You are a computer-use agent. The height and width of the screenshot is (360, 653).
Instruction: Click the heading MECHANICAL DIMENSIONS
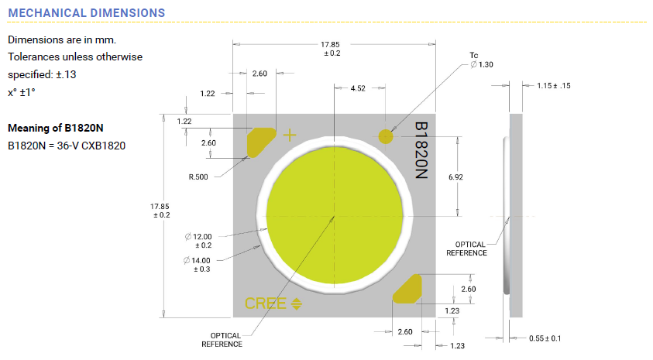point(86,13)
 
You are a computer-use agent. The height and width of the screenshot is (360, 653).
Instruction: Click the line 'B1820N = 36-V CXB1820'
point(67,145)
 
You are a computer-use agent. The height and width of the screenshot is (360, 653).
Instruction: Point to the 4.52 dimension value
point(358,89)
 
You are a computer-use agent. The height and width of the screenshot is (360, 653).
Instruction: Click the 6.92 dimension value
point(457,177)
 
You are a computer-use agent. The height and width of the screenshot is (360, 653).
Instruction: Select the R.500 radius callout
point(199,177)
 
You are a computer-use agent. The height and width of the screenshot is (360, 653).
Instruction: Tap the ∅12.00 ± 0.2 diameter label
point(199,240)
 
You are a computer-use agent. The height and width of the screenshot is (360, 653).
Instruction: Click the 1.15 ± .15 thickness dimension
point(553,86)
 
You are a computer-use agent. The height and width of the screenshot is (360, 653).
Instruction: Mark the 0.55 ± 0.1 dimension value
point(545,338)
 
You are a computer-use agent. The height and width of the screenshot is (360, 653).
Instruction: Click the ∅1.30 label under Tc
point(482,64)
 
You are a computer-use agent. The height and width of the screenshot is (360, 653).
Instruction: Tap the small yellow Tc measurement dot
point(386,136)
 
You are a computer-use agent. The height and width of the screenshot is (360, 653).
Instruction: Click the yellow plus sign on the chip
point(290,136)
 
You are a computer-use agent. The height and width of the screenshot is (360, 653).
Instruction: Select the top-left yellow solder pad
point(260,141)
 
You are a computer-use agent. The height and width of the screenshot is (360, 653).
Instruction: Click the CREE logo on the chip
point(266,303)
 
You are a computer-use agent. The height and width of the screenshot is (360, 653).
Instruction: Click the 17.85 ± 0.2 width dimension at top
point(332,48)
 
